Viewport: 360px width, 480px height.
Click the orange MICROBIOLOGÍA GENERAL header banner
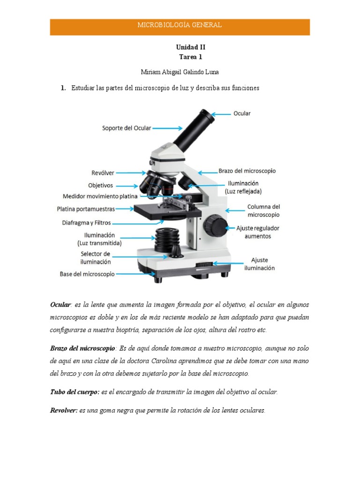coord(180,27)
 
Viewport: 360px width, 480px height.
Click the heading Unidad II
coord(190,47)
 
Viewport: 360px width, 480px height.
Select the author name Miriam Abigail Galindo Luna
coord(180,72)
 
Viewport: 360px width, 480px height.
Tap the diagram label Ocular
coord(242,113)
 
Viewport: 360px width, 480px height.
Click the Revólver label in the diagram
coord(103,173)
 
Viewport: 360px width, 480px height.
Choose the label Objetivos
coord(100,185)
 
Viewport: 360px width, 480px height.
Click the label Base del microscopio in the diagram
coord(87,274)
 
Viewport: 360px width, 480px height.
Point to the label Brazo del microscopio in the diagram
coord(247,171)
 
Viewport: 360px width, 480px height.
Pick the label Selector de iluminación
coord(96,257)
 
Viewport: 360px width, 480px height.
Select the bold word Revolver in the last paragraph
coord(64,410)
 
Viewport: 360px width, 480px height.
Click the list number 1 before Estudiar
coord(62,88)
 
